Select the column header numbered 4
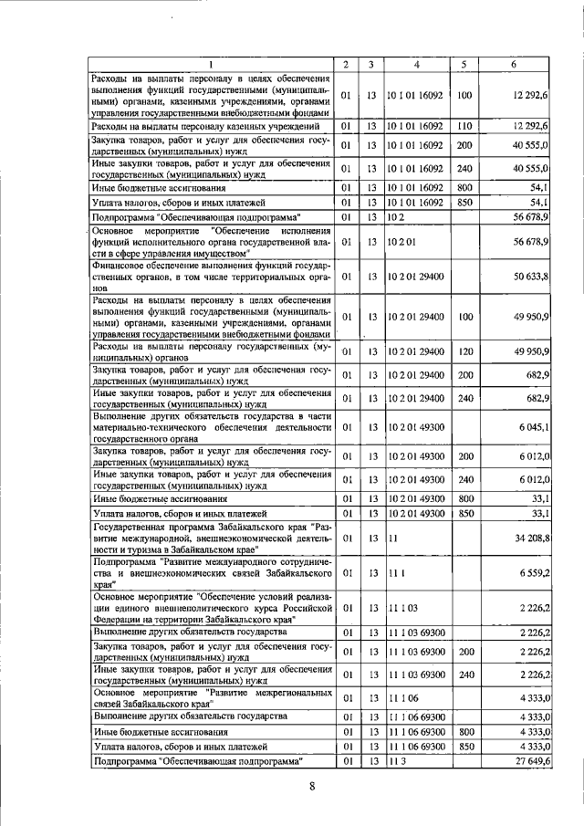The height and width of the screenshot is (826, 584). [416, 64]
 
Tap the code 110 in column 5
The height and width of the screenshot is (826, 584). [464, 125]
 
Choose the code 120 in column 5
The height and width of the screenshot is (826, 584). [464, 351]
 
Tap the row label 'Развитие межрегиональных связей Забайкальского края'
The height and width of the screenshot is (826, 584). [210, 696]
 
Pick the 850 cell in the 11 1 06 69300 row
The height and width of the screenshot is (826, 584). [464, 746]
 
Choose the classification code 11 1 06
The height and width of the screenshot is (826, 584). [401, 696]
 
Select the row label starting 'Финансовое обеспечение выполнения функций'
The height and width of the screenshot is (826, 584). [210, 275]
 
